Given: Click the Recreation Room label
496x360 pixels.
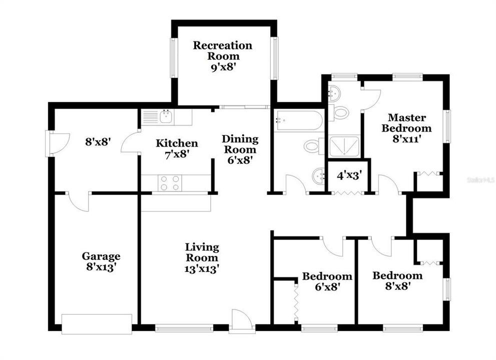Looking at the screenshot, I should point(223,50).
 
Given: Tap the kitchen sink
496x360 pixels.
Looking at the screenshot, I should point(166,117).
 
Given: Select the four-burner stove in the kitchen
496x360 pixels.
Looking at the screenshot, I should point(170,182).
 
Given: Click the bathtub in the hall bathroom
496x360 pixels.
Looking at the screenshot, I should point(298,119).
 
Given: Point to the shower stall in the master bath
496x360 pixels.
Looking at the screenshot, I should point(344,146).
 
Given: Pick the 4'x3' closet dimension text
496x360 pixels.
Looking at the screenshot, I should point(349,175).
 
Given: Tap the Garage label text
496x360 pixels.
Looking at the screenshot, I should point(101,256).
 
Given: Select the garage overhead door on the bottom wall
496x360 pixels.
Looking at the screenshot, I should point(96,323).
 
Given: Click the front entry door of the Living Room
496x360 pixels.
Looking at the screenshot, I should point(242,321).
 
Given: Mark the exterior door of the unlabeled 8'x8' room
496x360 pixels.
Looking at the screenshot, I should point(52,143).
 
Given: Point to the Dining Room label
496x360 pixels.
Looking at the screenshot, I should point(240,144).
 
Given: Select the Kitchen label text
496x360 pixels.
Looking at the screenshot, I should point(176,143).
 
